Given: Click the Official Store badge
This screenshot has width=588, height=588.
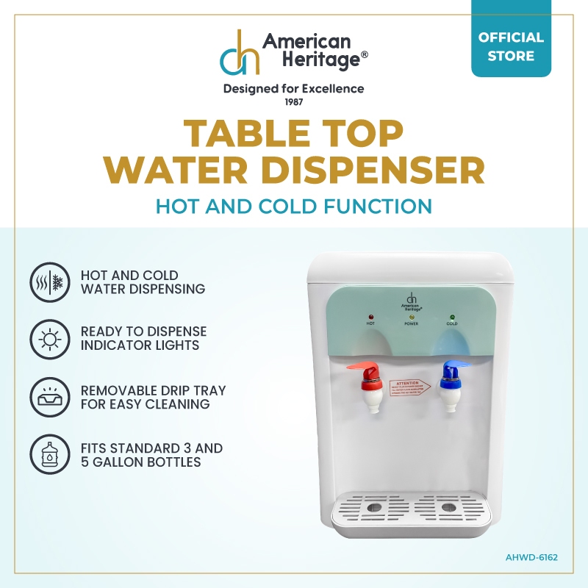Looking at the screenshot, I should [x=511, y=46].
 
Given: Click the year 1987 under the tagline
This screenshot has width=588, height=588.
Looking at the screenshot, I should [x=293, y=101].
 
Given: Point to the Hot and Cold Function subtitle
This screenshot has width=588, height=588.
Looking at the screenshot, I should [x=293, y=206].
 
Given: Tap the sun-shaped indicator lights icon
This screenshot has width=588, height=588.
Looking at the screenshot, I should [x=49, y=340].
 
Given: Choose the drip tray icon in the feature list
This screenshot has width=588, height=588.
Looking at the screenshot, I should [x=49, y=397].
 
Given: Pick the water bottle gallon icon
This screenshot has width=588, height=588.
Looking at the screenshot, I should [x=49, y=454].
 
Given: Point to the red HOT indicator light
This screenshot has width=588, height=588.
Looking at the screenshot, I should [x=370, y=314].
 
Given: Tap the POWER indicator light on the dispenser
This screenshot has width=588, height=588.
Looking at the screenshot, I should [x=411, y=316].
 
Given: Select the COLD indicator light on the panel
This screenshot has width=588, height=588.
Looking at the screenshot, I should [x=451, y=314].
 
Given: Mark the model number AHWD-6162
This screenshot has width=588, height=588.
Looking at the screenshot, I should [x=531, y=557].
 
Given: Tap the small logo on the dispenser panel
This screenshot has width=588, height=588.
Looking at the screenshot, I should [x=411, y=300].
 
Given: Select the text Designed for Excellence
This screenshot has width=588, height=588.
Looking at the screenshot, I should [x=293, y=89].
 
